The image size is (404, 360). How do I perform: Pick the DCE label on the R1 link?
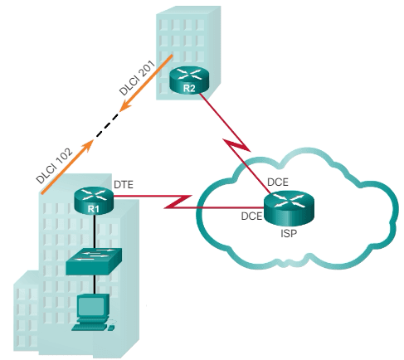pyautogui.click(x=251, y=215)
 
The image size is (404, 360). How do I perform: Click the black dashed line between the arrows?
pyautogui.click(x=106, y=125)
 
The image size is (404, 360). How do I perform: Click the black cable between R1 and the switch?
pyautogui.click(x=95, y=231)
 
